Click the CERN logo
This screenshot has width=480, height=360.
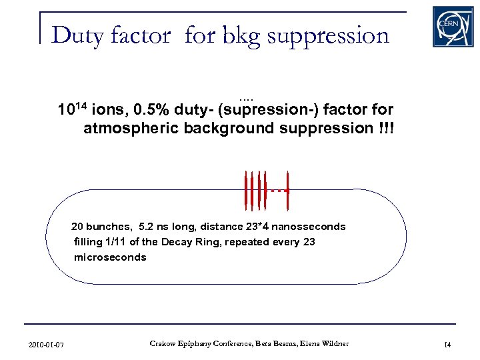453,26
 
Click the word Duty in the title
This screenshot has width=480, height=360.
74,35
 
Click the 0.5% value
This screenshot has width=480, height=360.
150,109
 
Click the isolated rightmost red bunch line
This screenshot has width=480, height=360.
287,190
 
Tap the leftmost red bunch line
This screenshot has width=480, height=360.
245,191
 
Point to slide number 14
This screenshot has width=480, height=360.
447,344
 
